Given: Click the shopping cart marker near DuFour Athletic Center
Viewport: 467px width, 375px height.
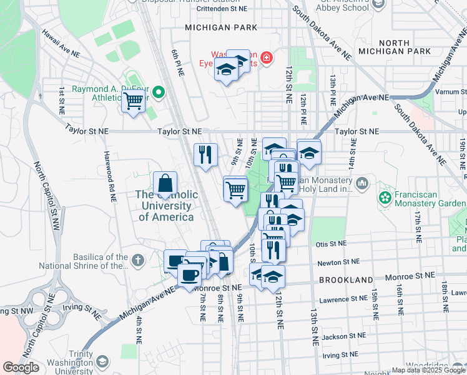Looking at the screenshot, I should click(134, 100).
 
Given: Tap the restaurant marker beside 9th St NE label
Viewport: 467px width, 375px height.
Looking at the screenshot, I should click(205, 154).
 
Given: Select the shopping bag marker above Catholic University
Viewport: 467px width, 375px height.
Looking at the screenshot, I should click(165, 182).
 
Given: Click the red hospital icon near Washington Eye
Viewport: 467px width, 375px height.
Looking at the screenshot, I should click(267, 58).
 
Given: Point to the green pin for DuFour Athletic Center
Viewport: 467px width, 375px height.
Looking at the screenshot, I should click(158, 93).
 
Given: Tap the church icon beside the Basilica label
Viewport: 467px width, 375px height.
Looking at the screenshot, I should click(137, 257).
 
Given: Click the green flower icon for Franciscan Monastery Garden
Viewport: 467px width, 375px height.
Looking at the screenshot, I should click(385, 198).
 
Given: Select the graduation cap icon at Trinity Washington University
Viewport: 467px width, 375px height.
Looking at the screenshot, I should click(102, 362).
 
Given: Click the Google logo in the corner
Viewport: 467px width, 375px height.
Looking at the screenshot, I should click(21, 367).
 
